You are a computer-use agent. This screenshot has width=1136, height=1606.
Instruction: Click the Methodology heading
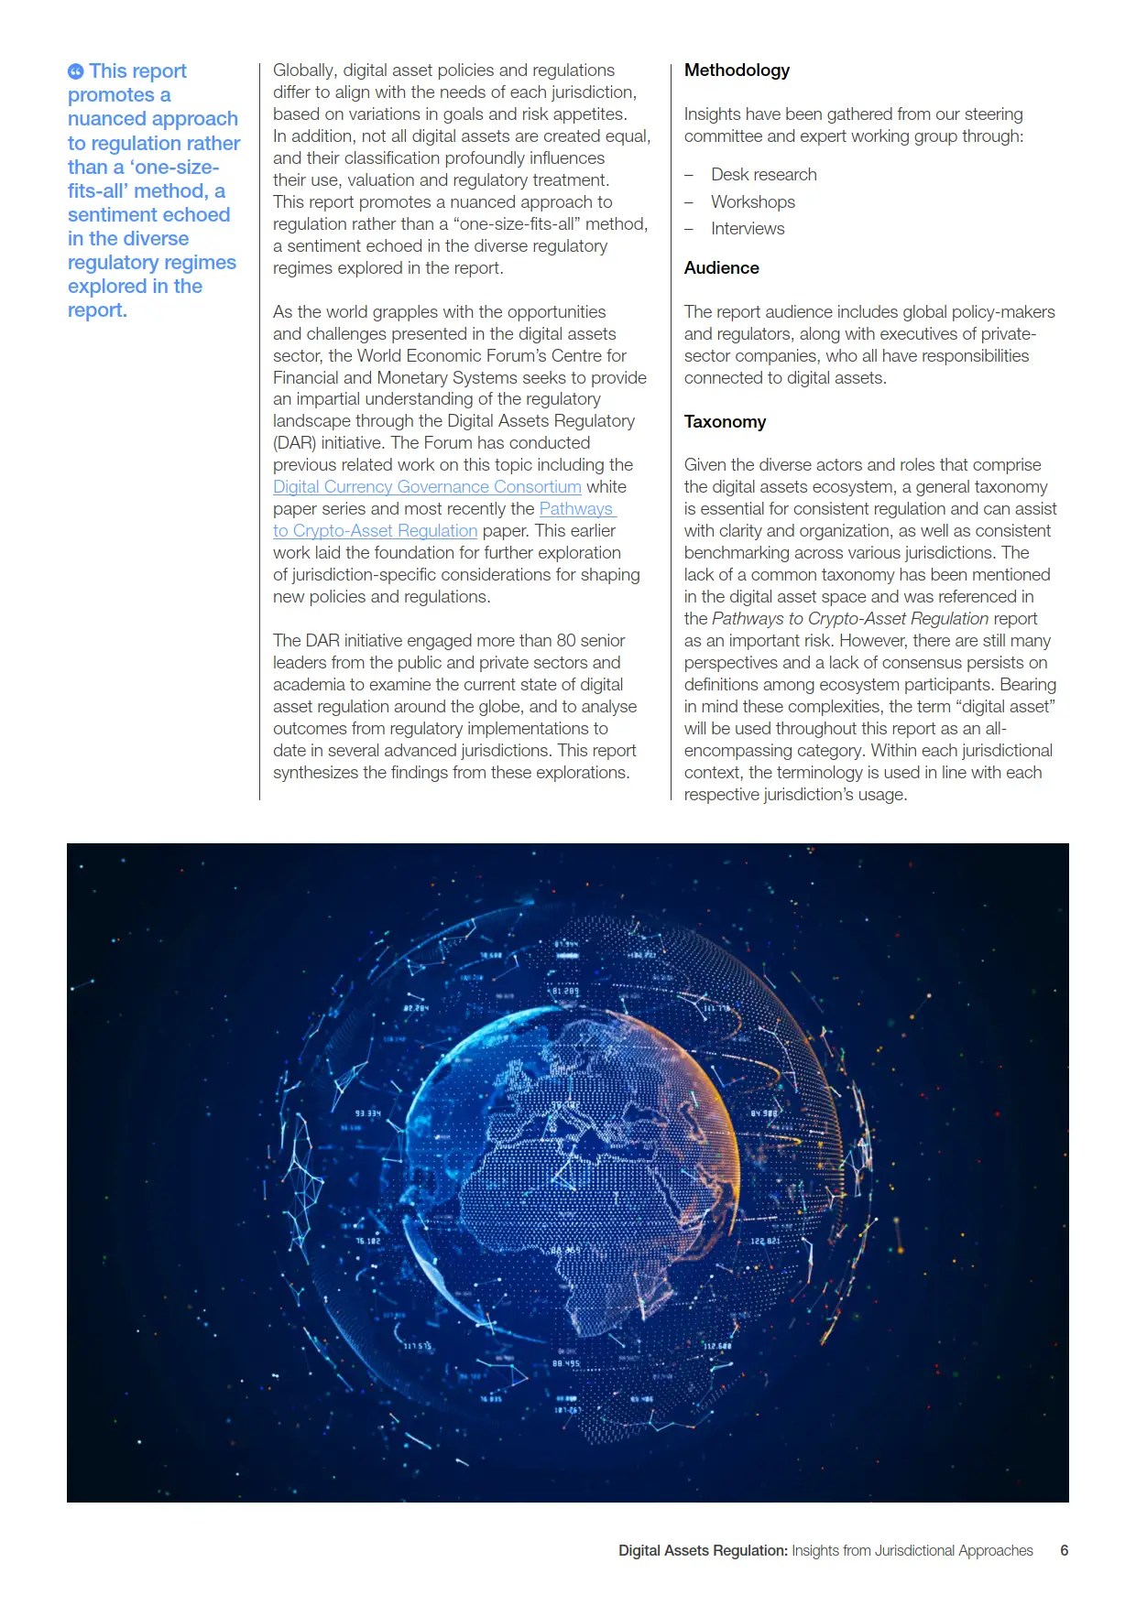click(737, 71)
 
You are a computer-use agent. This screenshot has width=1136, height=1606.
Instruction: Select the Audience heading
click(721, 268)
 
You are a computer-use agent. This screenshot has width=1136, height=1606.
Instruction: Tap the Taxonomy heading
click(725, 422)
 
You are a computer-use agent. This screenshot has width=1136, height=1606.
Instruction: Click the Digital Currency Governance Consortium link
click(427, 487)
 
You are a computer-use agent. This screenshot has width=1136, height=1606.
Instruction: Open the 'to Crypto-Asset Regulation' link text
click(375, 531)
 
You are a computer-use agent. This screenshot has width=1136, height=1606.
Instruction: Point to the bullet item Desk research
click(763, 175)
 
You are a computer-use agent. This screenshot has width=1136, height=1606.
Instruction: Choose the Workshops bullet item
click(752, 202)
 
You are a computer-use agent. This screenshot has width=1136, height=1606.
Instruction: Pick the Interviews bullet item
click(748, 229)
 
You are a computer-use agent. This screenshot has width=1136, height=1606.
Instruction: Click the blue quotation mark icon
click(76, 71)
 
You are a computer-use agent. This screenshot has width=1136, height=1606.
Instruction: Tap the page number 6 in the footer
click(1064, 1550)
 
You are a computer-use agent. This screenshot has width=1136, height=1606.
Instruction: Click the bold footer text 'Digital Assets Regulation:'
click(703, 1550)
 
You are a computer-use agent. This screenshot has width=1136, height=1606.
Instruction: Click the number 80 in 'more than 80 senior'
click(566, 641)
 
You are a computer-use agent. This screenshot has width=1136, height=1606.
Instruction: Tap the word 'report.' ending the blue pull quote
click(97, 310)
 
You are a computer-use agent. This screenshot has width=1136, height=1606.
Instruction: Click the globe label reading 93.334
click(367, 1113)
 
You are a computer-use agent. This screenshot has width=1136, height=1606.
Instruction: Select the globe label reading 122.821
click(765, 1241)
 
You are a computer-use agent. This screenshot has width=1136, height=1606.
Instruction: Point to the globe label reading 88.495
click(565, 1363)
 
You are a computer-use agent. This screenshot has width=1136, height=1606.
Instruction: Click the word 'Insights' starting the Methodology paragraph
click(712, 114)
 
